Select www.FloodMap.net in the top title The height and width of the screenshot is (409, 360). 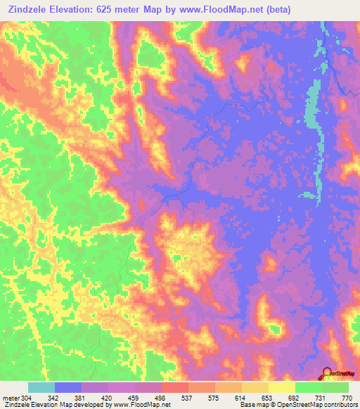click(x=217, y=10)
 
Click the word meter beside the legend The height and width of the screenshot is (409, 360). click(x=11, y=397)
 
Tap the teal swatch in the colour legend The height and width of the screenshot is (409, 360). click(x=41, y=387)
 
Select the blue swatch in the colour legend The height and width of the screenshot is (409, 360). click(x=68, y=387)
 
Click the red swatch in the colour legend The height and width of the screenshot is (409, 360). click(x=175, y=387)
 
